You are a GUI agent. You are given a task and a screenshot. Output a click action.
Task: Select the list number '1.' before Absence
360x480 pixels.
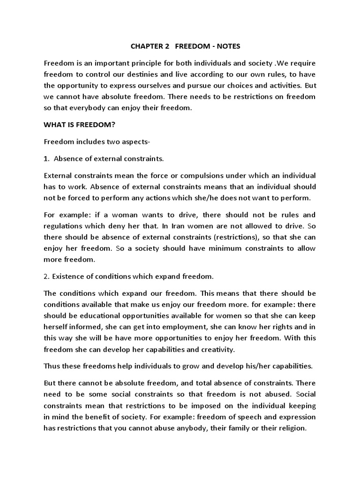(x=47, y=158)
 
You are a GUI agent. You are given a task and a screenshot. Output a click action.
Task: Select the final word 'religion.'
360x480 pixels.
(x=291, y=428)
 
